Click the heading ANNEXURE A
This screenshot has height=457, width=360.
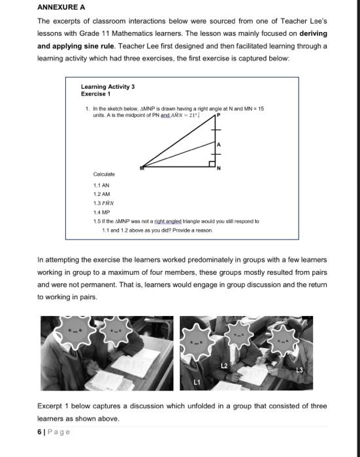61,7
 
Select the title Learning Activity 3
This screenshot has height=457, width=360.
108,87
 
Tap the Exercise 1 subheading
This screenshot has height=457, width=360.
95,94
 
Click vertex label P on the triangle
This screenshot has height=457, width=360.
218,115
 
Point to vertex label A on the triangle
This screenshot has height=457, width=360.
219,144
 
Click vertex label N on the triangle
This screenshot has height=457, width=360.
219,168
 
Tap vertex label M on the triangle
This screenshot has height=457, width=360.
142,168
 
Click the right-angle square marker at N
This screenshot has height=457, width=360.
212,164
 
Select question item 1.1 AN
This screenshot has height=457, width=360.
101,185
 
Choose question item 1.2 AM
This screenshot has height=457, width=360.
101,194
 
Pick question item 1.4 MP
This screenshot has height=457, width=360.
101,212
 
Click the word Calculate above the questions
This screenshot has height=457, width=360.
104,174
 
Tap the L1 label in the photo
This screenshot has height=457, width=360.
197,382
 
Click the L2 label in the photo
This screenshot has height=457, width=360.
224,366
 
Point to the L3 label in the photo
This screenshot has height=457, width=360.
299,370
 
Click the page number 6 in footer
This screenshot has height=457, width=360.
39,432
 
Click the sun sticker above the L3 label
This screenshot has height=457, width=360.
284,341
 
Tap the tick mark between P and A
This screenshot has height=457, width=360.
216,130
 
